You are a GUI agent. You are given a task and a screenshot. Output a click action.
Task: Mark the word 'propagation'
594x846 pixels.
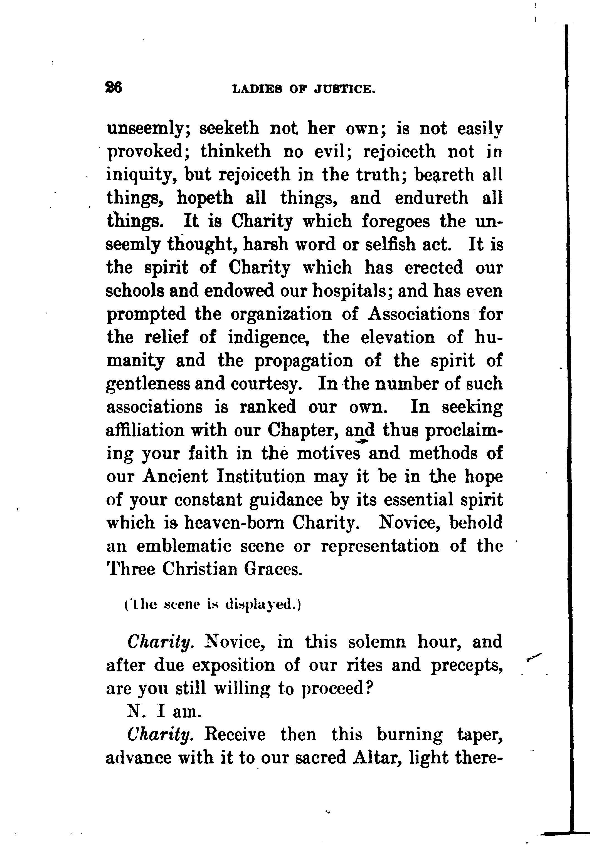coord(304,361)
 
